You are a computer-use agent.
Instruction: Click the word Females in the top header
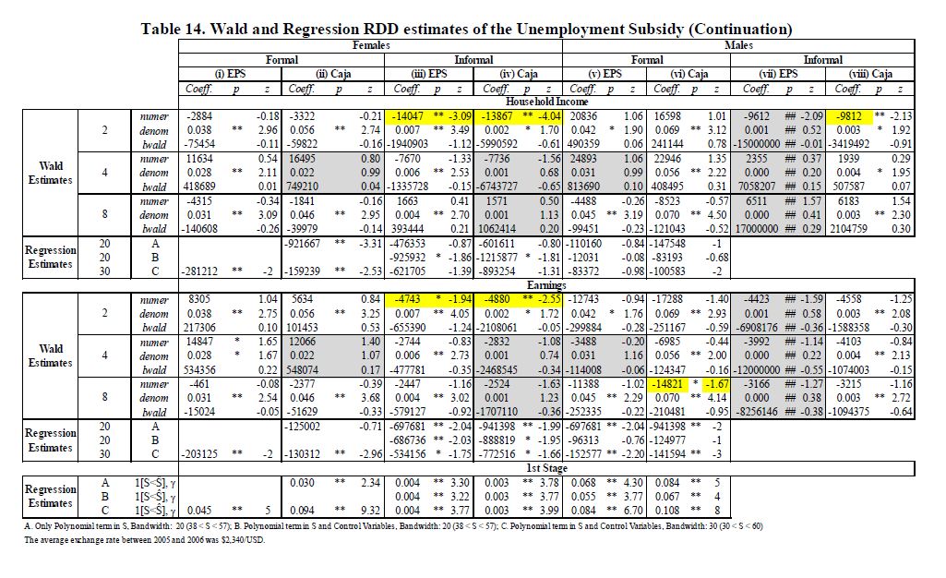point(371,44)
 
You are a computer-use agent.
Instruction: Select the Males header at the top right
point(738,44)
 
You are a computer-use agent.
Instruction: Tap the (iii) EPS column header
point(428,74)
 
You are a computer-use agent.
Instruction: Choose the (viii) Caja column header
point(869,74)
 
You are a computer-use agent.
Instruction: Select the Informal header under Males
point(823,59)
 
